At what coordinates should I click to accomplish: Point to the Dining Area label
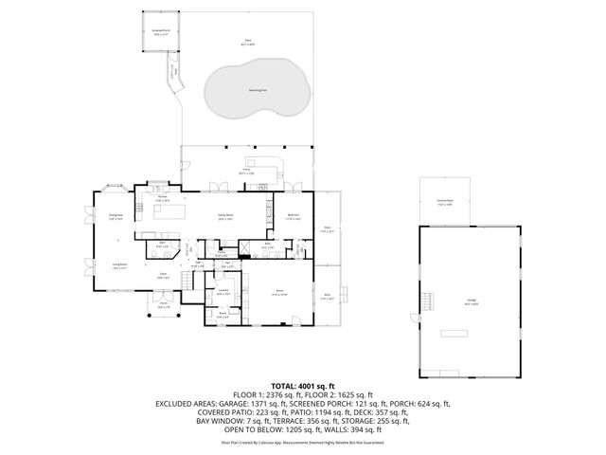point(116,217)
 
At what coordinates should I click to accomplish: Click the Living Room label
point(120,266)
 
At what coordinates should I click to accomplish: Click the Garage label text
point(471,301)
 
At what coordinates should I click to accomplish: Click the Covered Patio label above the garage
point(445,201)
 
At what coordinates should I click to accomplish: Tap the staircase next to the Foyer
point(188,250)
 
